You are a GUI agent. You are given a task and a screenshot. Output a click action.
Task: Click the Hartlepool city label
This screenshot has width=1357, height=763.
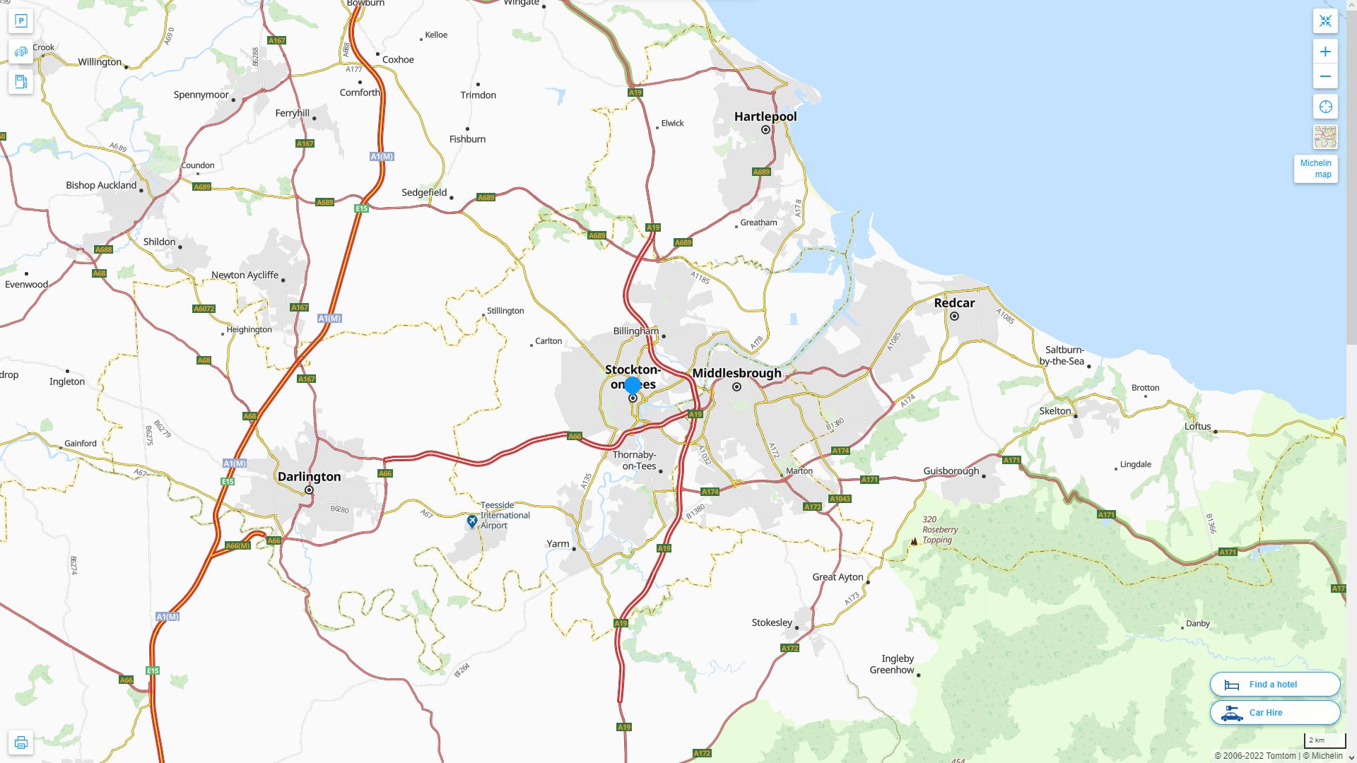765,117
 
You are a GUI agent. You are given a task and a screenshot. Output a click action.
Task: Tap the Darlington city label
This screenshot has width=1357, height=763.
309,477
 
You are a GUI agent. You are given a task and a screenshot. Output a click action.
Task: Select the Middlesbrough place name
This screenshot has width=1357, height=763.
736,373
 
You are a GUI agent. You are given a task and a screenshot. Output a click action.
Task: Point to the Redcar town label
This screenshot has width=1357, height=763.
954,303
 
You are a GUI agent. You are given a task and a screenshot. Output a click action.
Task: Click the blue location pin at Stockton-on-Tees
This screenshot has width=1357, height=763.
633,385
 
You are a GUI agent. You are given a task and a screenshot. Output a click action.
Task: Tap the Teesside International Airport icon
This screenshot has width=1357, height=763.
472,521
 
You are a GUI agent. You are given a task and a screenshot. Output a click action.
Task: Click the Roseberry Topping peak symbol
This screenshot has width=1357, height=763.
914,541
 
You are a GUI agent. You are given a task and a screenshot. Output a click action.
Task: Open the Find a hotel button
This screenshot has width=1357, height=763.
1274,684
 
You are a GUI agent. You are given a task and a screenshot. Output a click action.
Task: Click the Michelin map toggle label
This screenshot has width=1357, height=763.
1315,169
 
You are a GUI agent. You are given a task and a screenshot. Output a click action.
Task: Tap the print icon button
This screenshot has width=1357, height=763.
20,742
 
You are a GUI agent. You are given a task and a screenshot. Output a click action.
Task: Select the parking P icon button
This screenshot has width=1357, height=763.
20,20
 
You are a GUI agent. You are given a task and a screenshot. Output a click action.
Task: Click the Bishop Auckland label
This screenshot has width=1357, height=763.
101,185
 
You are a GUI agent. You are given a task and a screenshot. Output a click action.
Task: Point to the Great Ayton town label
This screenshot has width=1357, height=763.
838,577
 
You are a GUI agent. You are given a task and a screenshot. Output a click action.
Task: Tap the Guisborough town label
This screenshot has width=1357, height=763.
951,471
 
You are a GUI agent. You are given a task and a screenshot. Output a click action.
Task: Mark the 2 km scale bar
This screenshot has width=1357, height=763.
1324,740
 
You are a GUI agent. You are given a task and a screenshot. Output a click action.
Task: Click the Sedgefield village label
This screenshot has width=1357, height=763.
424,192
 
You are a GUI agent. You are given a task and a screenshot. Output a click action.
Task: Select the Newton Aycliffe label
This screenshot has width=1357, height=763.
245,275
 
